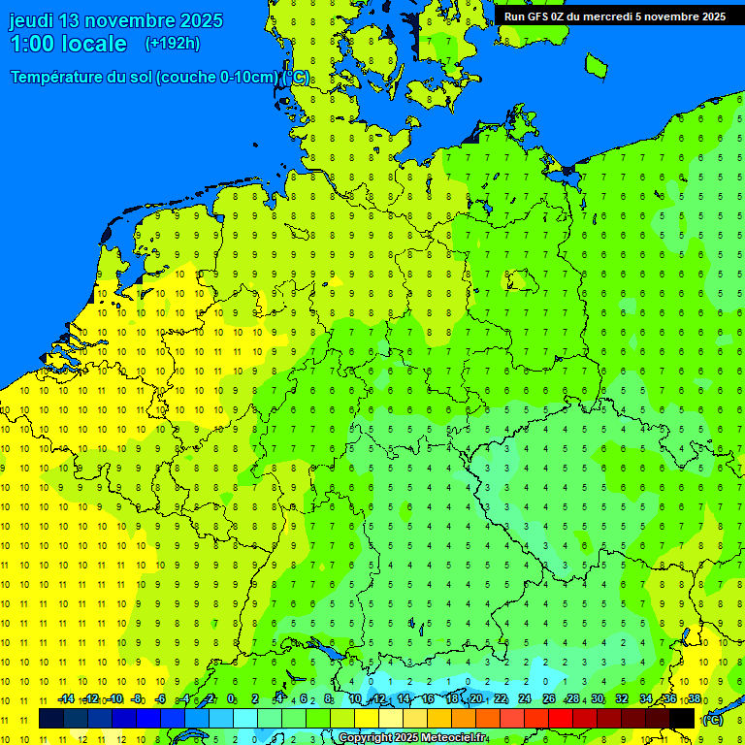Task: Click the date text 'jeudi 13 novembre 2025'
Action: coord(115,20)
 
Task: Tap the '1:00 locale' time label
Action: coord(68,44)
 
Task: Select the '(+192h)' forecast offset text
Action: coord(172,44)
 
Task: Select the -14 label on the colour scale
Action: coord(66,699)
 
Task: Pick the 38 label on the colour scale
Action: coord(695,699)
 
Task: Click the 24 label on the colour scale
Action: coord(525,699)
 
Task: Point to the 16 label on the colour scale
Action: coord(428,699)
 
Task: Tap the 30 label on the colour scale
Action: coord(598,699)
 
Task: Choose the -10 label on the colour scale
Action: coord(114,699)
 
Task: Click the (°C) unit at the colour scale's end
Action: coord(713,720)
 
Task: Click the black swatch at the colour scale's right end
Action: coord(682,718)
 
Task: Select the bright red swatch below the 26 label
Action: coord(561,718)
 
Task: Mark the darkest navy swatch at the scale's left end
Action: coord(51,718)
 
